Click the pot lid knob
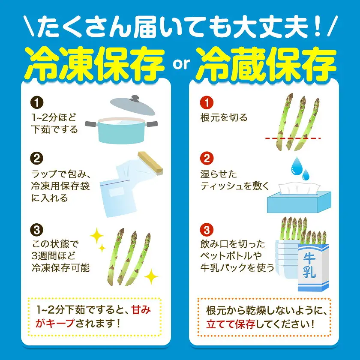[x=134, y=99]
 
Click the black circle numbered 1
[x=37, y=102]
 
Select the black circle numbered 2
[x=37, y=159]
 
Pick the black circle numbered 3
[x=37, y=230]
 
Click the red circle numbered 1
[x=207, y=102]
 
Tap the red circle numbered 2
[x=207, y=159]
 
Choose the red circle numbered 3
[x=207, y=230]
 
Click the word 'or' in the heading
[x=181, y=65]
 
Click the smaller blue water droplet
[x=306, y=175]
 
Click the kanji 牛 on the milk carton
[x=309, y=259]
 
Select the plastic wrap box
[x=150, y=163]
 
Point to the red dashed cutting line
[x=293, y=138]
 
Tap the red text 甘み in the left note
[x=141, y=310]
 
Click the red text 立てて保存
[x=231, y=324]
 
